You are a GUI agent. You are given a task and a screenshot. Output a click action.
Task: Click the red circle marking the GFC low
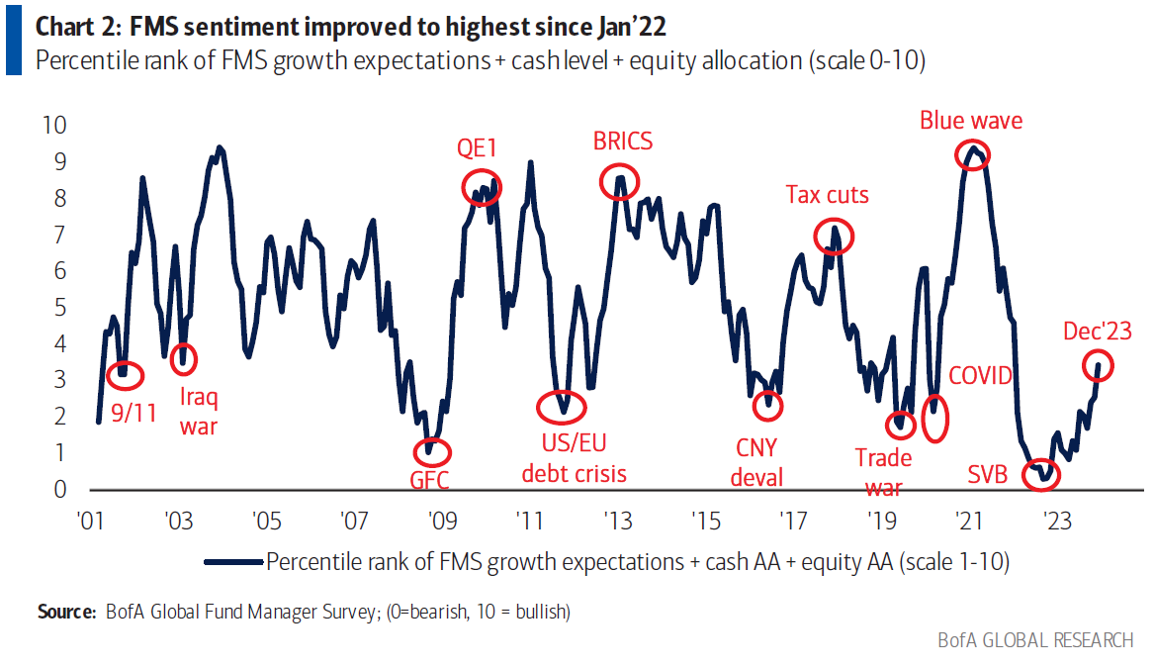[431, 452]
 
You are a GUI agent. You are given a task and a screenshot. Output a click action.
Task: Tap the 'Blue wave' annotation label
[971, 121]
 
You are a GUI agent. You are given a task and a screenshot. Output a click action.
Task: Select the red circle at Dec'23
[1098, 365]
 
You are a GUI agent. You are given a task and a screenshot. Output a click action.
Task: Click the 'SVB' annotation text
[988, 474]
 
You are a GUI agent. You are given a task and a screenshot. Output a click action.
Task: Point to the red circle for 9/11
[124, 374]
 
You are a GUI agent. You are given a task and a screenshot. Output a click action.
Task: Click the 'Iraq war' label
[199, 413]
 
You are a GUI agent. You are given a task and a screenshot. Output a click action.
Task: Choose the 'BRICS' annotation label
[623, 142]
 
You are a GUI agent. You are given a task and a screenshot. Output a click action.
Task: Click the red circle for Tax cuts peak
[834, 237]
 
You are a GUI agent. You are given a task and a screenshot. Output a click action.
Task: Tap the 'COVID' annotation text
[981, 376]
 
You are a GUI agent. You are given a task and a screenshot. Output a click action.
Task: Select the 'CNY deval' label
[757, 462]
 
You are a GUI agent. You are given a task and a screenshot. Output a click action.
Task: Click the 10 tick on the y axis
[54, 125]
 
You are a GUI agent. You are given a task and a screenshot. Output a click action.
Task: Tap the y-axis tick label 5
[59, 308]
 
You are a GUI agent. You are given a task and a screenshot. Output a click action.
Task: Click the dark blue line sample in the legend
[233, 561]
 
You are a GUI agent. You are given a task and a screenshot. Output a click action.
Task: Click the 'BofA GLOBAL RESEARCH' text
[1035, 641]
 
